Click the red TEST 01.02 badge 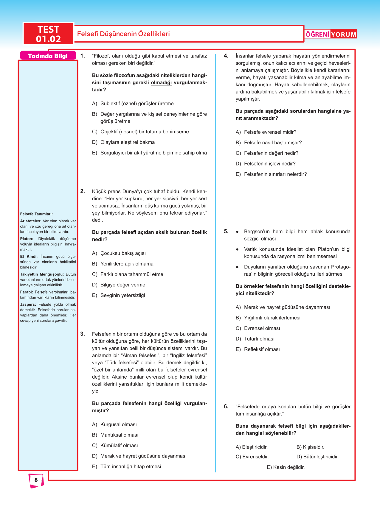click(x=48, y=34)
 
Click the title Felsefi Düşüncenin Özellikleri click(x=123, y=34)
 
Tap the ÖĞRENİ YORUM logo click(x=331, y=34)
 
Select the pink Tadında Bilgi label click(x=48, y=56)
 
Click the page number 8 click(x=36, y=480)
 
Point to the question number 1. click(x=83, y=56)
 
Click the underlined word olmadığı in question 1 click(x=161, y=82)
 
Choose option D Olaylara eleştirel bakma click(x=127, y=142)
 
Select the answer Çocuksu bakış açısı click(x=123, y=253)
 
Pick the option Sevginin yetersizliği click(x=122, y=295)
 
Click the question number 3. click(x=83, y=334)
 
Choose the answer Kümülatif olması click(x=119, y=446)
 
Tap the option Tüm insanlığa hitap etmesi click(x=131, y=466)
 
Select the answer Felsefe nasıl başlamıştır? click(x=273, y=143)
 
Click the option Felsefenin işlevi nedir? click(x=270, y=164)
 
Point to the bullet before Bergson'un click(x=237, y=232)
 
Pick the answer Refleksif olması click(x=262, y=349)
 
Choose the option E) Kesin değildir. click(x=286, y=467)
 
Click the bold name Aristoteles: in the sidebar click(x=31, y=221)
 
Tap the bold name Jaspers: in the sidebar click(x=28, y=304)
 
